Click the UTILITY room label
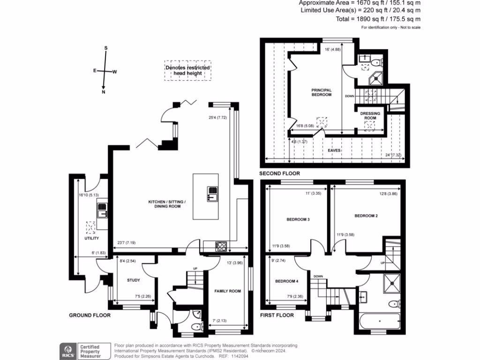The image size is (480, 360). tap(92, 239)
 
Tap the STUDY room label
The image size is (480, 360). tap(134, 280)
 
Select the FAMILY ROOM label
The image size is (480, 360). tap(227, 291)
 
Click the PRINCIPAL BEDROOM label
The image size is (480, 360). tap(322, 92)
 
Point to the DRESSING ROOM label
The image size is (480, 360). tap(370, 115)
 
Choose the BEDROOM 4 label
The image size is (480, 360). tap(285, 281)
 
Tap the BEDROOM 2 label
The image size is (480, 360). tap(366, 216)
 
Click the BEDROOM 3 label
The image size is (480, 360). tap(298, 219)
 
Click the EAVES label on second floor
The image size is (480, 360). tap(334, 150)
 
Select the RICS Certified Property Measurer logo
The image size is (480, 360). tap(84, 349)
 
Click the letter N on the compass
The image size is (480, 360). tap(104, 92)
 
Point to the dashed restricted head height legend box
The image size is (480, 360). tap(187, 70)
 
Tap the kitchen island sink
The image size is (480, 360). tap(212, 193)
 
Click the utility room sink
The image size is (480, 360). tap(102, 210)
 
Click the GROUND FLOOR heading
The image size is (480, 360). tap(90, 315)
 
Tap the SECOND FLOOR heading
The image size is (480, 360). tap(279, 173)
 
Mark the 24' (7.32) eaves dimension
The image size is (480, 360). tap(393, 155)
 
